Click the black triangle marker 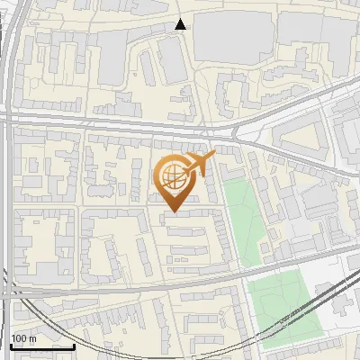(181, 24)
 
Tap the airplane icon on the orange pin (198, 165)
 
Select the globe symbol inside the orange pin (171, 176)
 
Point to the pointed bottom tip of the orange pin (171, 212)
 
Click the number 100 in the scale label (19, 338)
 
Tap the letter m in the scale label (32, 338)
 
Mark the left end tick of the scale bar (11, 346)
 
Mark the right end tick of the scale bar (75, 346)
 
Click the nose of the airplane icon (213, 157)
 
